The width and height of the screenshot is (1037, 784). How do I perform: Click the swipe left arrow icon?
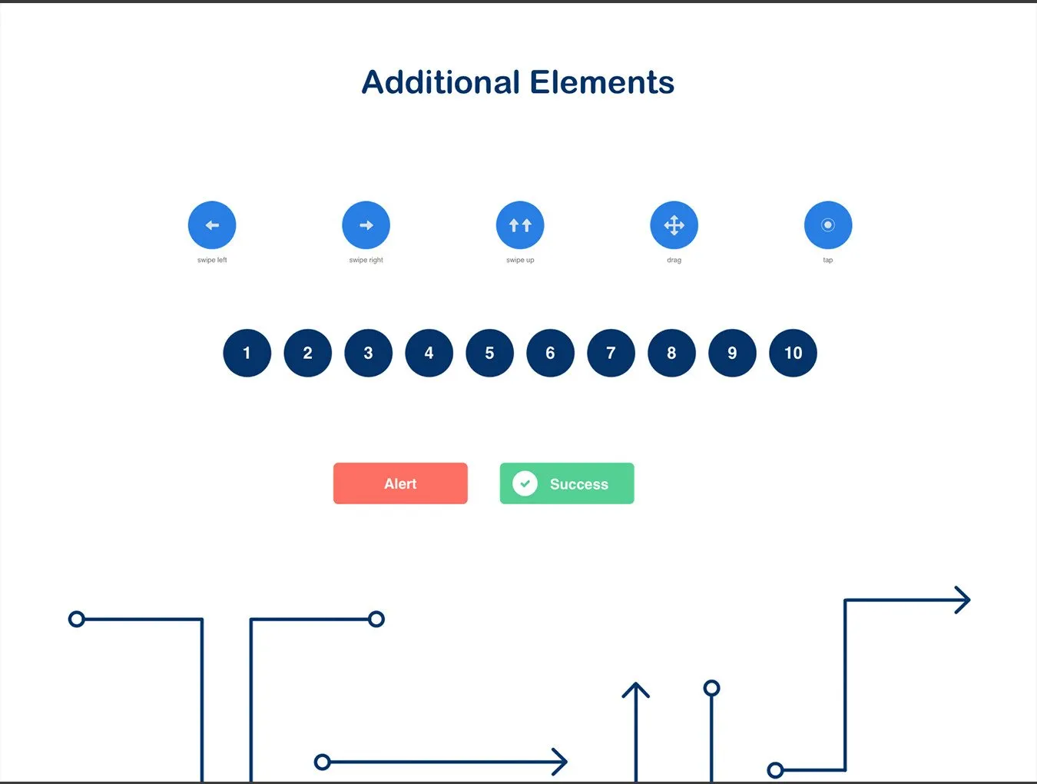click(212, 225)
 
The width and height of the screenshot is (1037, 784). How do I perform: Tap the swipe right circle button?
click(366, 225)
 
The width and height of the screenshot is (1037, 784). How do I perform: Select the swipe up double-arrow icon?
click(520, 225)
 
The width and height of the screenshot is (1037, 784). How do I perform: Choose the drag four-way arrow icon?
click(674, 225)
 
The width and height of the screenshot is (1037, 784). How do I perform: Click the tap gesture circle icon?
click(828, 225)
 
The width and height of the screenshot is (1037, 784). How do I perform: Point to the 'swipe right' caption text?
click(366, 260)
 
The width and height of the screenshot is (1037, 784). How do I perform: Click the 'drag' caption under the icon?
click(674, 261)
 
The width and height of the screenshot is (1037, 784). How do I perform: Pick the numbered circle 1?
click(247, 353)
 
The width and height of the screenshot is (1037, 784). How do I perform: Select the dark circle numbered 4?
click(429, 353)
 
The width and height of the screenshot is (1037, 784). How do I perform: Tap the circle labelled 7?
click(611, 353)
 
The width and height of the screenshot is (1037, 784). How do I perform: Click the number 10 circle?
click(793, 353)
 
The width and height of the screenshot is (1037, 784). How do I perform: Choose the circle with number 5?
click(490, 353)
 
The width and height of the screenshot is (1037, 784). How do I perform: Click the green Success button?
click(567, 483)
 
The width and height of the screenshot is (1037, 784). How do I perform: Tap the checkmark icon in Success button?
click(525, 483)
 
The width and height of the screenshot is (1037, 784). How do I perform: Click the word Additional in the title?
click(441, 82)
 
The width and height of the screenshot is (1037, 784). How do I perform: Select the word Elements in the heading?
click(602, 82)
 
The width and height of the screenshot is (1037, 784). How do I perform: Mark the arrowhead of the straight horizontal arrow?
click(561, 762)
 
